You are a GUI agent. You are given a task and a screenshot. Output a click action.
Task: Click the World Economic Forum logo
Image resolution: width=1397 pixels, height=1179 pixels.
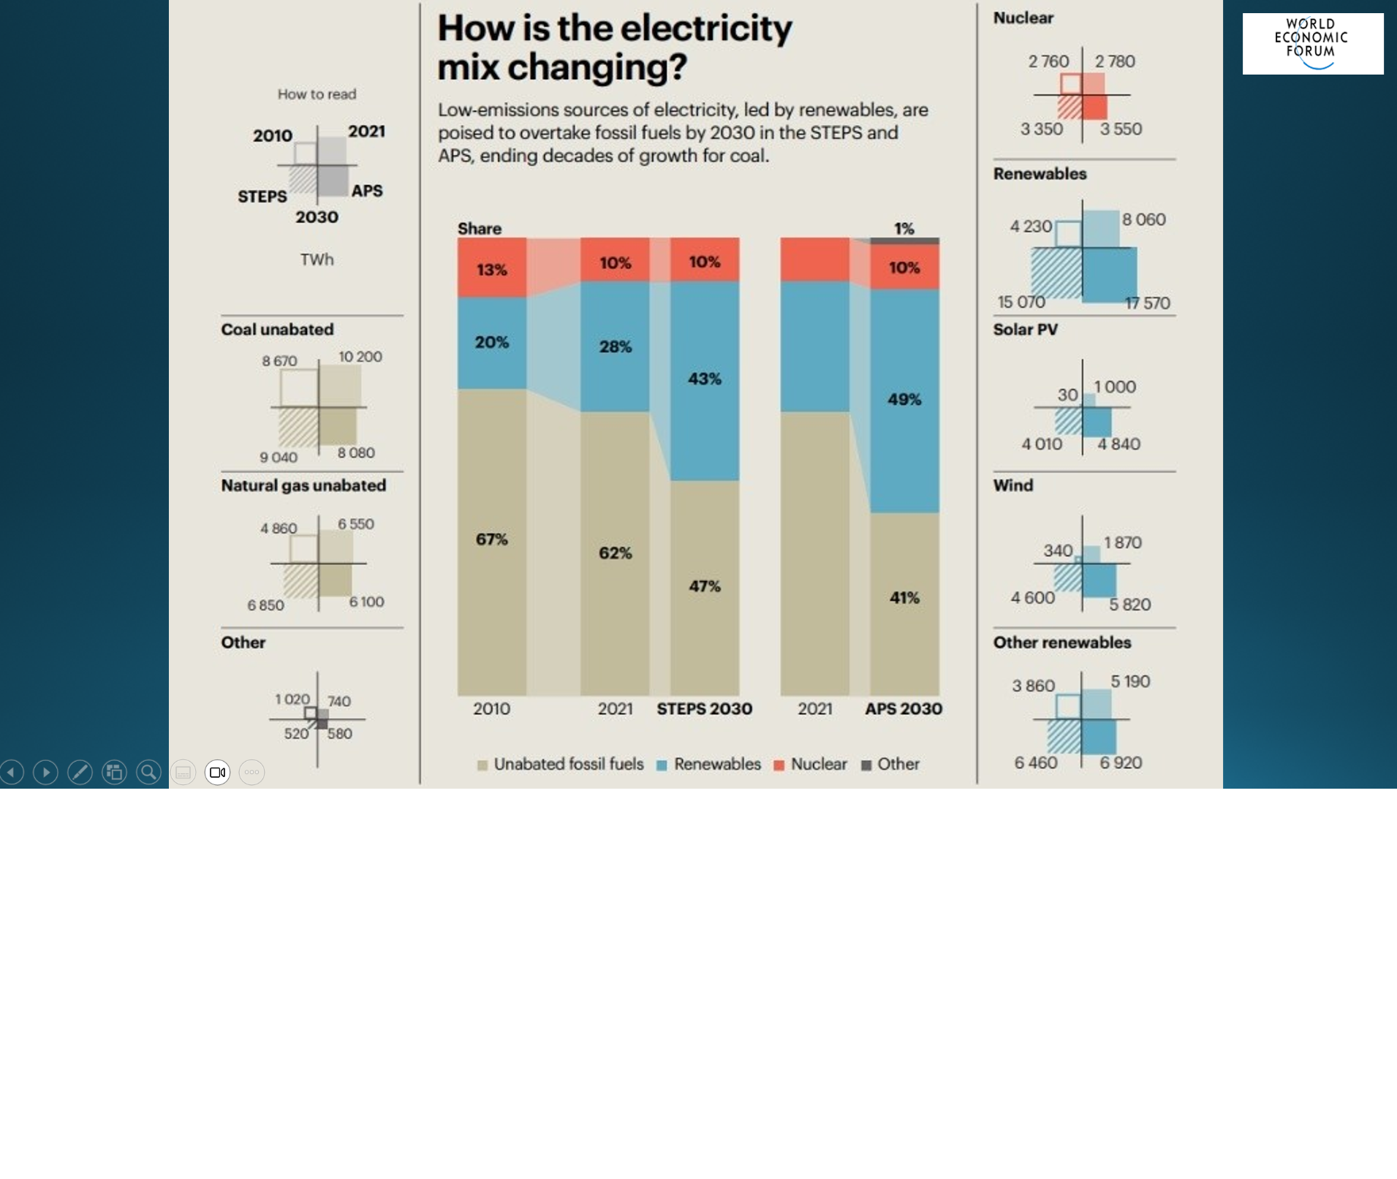1312,43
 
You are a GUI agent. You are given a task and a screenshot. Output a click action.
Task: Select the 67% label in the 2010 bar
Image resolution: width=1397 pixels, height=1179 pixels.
491,539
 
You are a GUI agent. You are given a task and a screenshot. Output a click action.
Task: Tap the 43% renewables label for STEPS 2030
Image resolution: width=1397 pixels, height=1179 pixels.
704,379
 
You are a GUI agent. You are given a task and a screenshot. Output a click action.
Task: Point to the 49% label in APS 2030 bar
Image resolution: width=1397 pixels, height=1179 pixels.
904,399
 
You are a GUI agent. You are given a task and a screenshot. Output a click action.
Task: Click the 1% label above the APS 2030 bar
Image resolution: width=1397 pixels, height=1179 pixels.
904,229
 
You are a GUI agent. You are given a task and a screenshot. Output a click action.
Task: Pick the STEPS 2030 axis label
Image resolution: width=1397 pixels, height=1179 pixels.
704,709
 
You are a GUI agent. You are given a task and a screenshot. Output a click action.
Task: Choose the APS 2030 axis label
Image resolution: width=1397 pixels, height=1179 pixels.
904,709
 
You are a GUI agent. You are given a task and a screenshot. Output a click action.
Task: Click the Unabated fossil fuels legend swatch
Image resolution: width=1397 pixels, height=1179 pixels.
482,765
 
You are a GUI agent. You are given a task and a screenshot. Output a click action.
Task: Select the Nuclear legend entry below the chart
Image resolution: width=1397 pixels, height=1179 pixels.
811,765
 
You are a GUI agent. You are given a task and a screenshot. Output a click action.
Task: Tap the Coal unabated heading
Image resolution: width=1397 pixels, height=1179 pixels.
277,330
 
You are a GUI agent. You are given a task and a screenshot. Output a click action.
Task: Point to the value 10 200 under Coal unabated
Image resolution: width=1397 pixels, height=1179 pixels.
360,357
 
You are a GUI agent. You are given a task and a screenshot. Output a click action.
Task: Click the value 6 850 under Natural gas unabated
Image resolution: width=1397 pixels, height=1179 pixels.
265,605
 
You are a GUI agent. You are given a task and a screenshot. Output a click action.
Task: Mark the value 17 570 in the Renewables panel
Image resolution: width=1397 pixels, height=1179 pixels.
1147,303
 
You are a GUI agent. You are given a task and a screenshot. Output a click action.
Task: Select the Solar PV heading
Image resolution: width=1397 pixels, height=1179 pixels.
1025,330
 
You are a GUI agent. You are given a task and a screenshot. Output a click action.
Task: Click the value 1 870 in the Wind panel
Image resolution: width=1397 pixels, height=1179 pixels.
1122,542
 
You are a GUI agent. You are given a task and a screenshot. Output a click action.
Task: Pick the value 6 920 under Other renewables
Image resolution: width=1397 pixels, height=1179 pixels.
1121,762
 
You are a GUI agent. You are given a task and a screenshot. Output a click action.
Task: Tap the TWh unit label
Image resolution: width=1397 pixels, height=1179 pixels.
317,259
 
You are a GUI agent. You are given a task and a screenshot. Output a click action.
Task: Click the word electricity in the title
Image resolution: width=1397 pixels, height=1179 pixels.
706,29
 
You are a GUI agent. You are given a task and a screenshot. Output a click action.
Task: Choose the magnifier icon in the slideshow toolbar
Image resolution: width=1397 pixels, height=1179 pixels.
148,772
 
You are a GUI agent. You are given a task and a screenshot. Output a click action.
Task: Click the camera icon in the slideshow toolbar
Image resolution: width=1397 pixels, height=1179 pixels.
217,772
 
